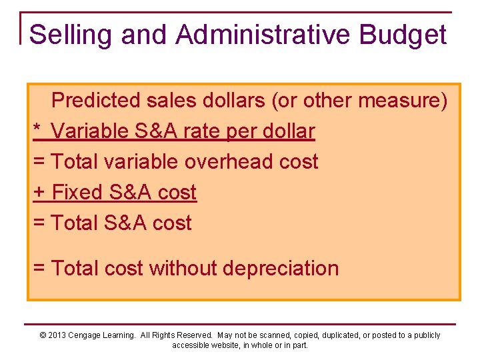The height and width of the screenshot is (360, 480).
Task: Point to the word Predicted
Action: (x=97, y=101)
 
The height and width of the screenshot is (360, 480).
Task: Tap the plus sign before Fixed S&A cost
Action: (x=39, y=193)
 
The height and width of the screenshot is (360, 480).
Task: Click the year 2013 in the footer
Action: (x=57, y=335)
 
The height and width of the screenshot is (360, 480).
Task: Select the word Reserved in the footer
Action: (x=196, y=335)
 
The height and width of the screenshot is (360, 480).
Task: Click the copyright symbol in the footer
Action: (x=43, y=335)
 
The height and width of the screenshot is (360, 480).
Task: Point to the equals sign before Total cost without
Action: (x=39, y=269)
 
